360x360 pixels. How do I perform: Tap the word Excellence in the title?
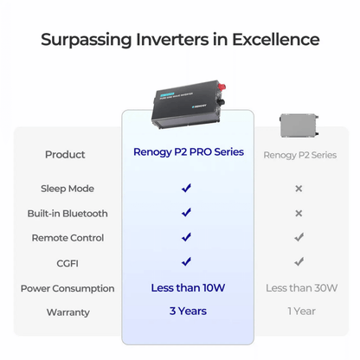pyautogui.click(x=275, y=40)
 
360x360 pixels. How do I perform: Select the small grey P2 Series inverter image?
pyautogui.click(x=299, y=125)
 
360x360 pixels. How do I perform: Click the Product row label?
pyautogui.click(x=66, y=155)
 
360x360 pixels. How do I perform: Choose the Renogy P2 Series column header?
pyautogui.click(x=299, y=155)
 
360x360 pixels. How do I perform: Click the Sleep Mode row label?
pyautogui.click(x=67, y=188)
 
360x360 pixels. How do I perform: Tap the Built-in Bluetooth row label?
pyautogui.click(x=67, y=213)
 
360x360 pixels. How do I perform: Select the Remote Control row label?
pyautogui.click(x=67, y=237)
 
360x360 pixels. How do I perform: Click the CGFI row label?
pyautogui.click(x=67, y=261)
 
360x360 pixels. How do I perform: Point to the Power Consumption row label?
pyautogui.click(x=67, y=288)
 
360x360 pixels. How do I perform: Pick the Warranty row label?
pyautogui.click(x=67, y=312)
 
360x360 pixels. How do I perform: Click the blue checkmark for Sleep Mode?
pyautogui.click(x=186, y=188)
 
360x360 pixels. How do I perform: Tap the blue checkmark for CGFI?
pyautogui.click(x=186, y=261)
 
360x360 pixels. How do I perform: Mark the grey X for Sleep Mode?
pyautogui.click(x=299, y=188)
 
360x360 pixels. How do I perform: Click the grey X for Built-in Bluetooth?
pyautogui.click(x=299, y=213)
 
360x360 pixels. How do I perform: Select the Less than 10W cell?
pyautogui.click(x=187, y=287)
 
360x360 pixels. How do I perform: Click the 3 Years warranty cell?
pyautogui.click(x=187, y=311)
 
